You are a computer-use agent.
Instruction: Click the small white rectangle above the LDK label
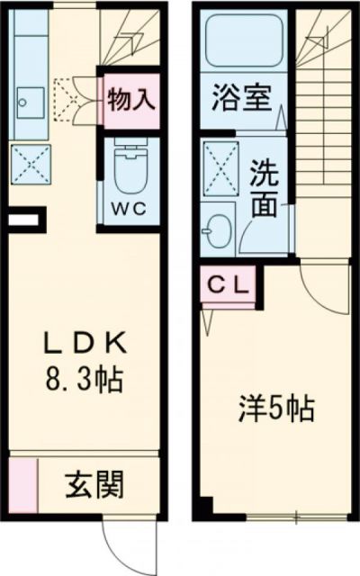click(24, 217)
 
